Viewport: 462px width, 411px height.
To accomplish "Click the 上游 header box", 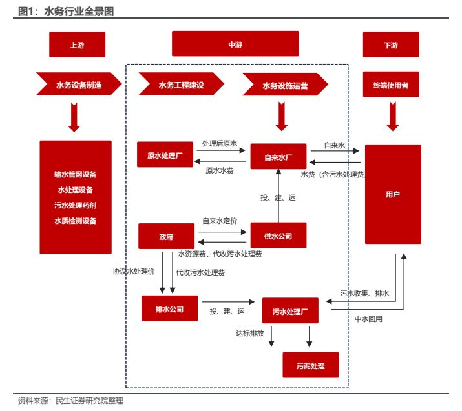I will (77, 45).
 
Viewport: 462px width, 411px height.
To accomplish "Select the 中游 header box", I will (235, 45).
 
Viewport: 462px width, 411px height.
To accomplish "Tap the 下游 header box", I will (391, 45).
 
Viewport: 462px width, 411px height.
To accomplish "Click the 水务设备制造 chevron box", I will (78, 85).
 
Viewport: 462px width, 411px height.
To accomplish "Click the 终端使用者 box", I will (391, 85).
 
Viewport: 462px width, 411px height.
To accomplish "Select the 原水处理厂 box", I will (165, 155).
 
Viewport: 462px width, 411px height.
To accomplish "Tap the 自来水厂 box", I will (278, 157).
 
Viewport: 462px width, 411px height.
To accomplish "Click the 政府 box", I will (166, 236).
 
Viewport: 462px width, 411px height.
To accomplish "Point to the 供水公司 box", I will (278, 236).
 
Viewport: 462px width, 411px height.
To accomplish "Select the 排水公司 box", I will (169, 308).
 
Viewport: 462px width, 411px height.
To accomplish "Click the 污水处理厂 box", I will (290, 311).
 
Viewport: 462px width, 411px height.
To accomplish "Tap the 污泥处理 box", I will (310, 366).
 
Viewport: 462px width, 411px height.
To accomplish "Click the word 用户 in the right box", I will (392, 194).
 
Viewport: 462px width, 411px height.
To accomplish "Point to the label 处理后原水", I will (220, 143).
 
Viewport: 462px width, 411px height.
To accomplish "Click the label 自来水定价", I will (219, 221).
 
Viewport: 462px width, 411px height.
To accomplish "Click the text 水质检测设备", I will (76, 221).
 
